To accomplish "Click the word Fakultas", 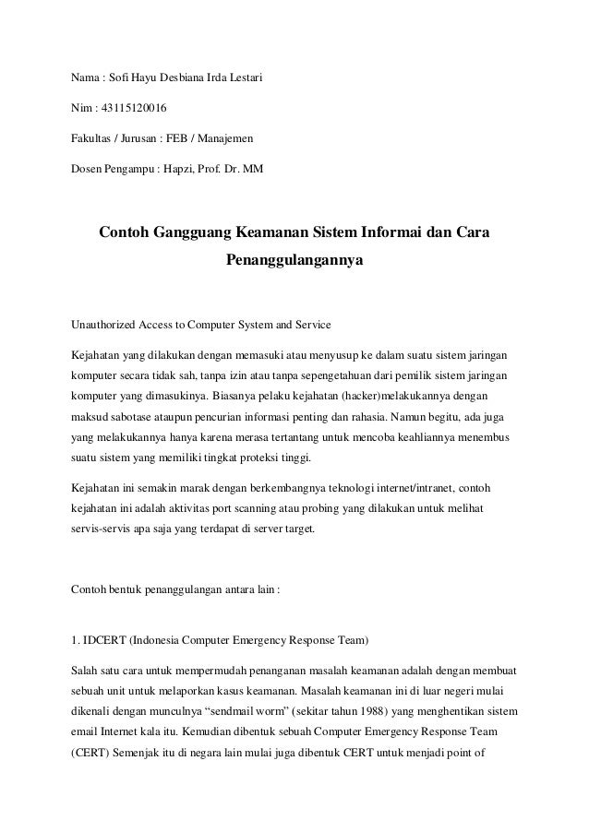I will click(x=95, y=141).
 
